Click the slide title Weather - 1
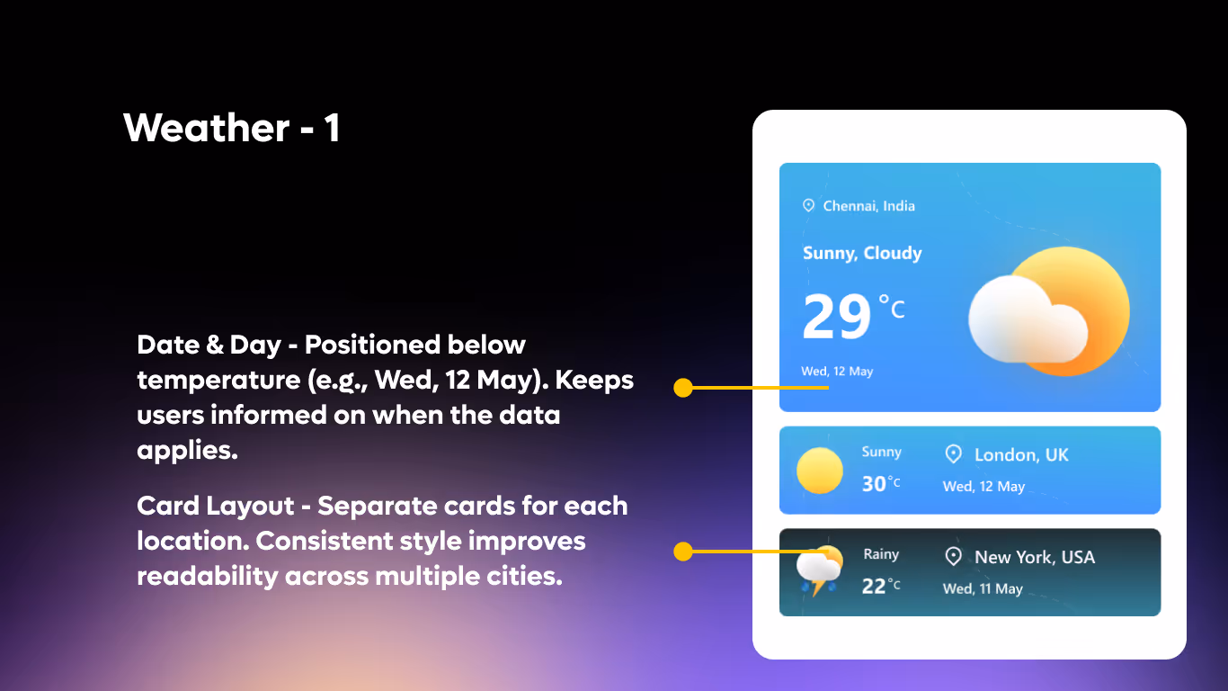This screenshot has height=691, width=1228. (x=231, y=128)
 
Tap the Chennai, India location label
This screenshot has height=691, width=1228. (x=868, y=206)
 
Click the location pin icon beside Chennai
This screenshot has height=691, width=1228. (x=808, y=206)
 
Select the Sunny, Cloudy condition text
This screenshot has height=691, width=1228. (x=862, y=253)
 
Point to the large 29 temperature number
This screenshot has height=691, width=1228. (x=837, y=318)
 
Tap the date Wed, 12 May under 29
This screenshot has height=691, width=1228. (x=837, y=372)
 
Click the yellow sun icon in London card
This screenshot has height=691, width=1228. (x=820, y=471)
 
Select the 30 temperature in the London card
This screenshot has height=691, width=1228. (x=875, y=483)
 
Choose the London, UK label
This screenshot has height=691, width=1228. (x=1021, y=455)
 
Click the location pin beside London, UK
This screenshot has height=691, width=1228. (x=954, y=454)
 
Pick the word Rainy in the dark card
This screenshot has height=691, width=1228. (x=881, y=554)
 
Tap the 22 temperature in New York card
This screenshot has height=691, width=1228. (x=875, y=586)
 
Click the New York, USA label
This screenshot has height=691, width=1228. (x=1035, y=558)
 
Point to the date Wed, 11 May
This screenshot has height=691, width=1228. (x=983, y=589)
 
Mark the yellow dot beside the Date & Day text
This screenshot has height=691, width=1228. (x=683, y=388)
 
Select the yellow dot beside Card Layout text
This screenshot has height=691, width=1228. (x=683, y=551)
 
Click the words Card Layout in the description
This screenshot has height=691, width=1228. (x=216, y=506)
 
